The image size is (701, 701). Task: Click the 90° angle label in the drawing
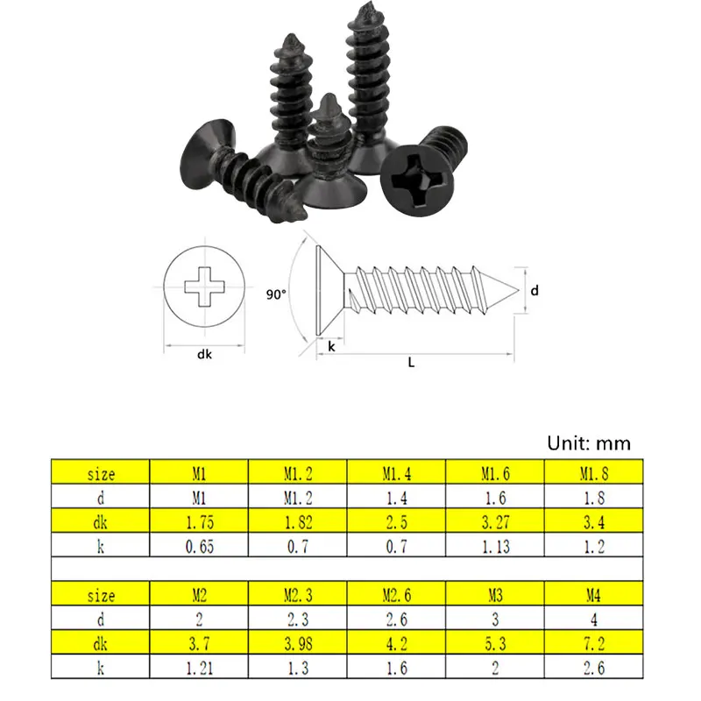(276, 294)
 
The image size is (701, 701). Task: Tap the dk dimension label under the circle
(204, 355)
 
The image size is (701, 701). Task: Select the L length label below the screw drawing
(411, 362)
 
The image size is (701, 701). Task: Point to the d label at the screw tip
(535, 291)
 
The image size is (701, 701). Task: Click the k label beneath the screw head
(331, 346)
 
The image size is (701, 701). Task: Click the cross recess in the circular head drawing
(204, 287)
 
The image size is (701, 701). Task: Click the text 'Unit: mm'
(589, 443)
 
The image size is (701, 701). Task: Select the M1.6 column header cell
(495, 471)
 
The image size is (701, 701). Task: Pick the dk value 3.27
(495, 521)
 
